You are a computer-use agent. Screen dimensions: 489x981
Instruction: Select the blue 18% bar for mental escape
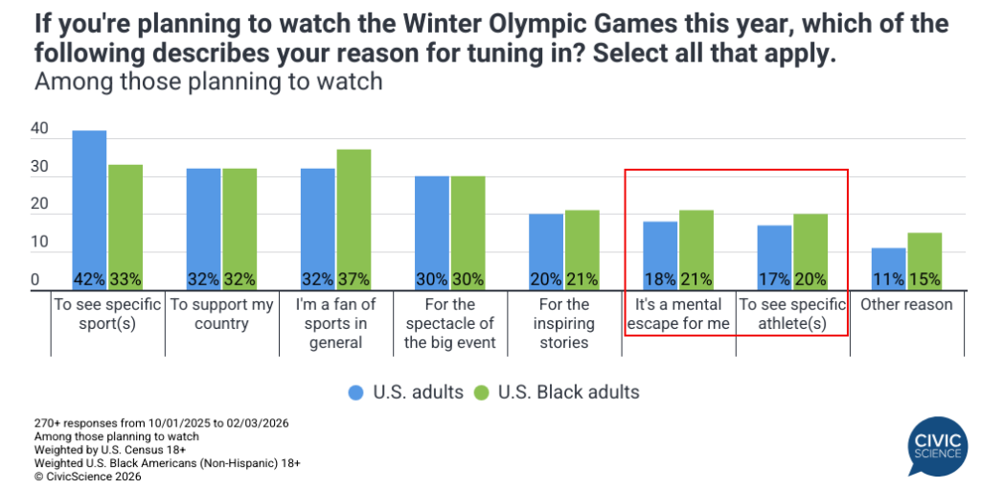point(660,255)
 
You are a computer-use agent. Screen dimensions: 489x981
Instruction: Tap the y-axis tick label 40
point(39,128)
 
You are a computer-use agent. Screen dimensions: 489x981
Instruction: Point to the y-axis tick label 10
point(39,243)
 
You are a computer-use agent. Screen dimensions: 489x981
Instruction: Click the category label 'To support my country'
point(222,314)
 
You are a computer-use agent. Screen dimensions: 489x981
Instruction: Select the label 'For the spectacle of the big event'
point(450,324)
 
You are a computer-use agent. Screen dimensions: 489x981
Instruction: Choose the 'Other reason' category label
point(906,304)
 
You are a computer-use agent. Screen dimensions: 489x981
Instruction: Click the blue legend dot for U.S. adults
point(354,392)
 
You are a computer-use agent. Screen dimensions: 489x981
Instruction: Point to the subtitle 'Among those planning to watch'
point(208,81)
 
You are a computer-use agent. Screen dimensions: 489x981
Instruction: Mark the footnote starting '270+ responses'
point(161,423)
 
